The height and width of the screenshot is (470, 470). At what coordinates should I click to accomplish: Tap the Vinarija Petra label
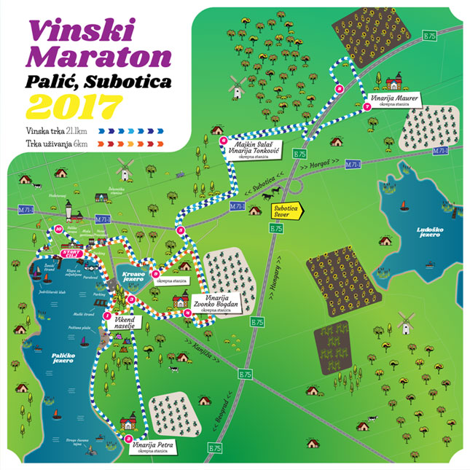pos(154,445)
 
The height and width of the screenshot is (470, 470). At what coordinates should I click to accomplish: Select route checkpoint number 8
pos(338,87)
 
